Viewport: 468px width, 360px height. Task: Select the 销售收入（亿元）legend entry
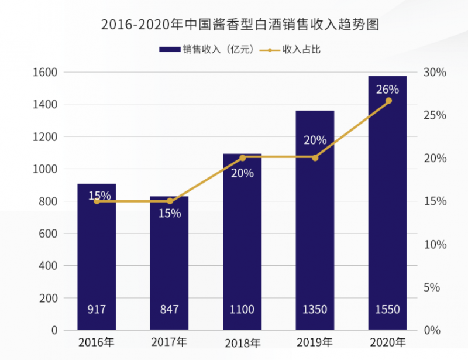(208, 50)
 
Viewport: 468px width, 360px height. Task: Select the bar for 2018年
(242, 246)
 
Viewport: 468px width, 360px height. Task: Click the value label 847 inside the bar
(169, 309)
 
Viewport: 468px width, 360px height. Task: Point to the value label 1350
(315, 309)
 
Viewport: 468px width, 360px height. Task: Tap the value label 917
(97, 309)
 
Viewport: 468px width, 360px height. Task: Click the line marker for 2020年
(388, 101)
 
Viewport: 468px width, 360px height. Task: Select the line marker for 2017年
(170, 201)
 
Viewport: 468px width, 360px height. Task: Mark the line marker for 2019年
(315, 157)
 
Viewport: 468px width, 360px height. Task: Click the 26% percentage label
(387, 90)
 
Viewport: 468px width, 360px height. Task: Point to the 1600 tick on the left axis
(46, 72)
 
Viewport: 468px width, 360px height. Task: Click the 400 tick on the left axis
(49, 266)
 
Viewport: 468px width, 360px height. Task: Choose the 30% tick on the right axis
(435, 72)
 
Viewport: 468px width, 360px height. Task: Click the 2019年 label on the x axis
(315, 342)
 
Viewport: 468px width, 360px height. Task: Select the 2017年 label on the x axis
(169, 342)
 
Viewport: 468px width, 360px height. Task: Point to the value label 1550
(387, 309)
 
